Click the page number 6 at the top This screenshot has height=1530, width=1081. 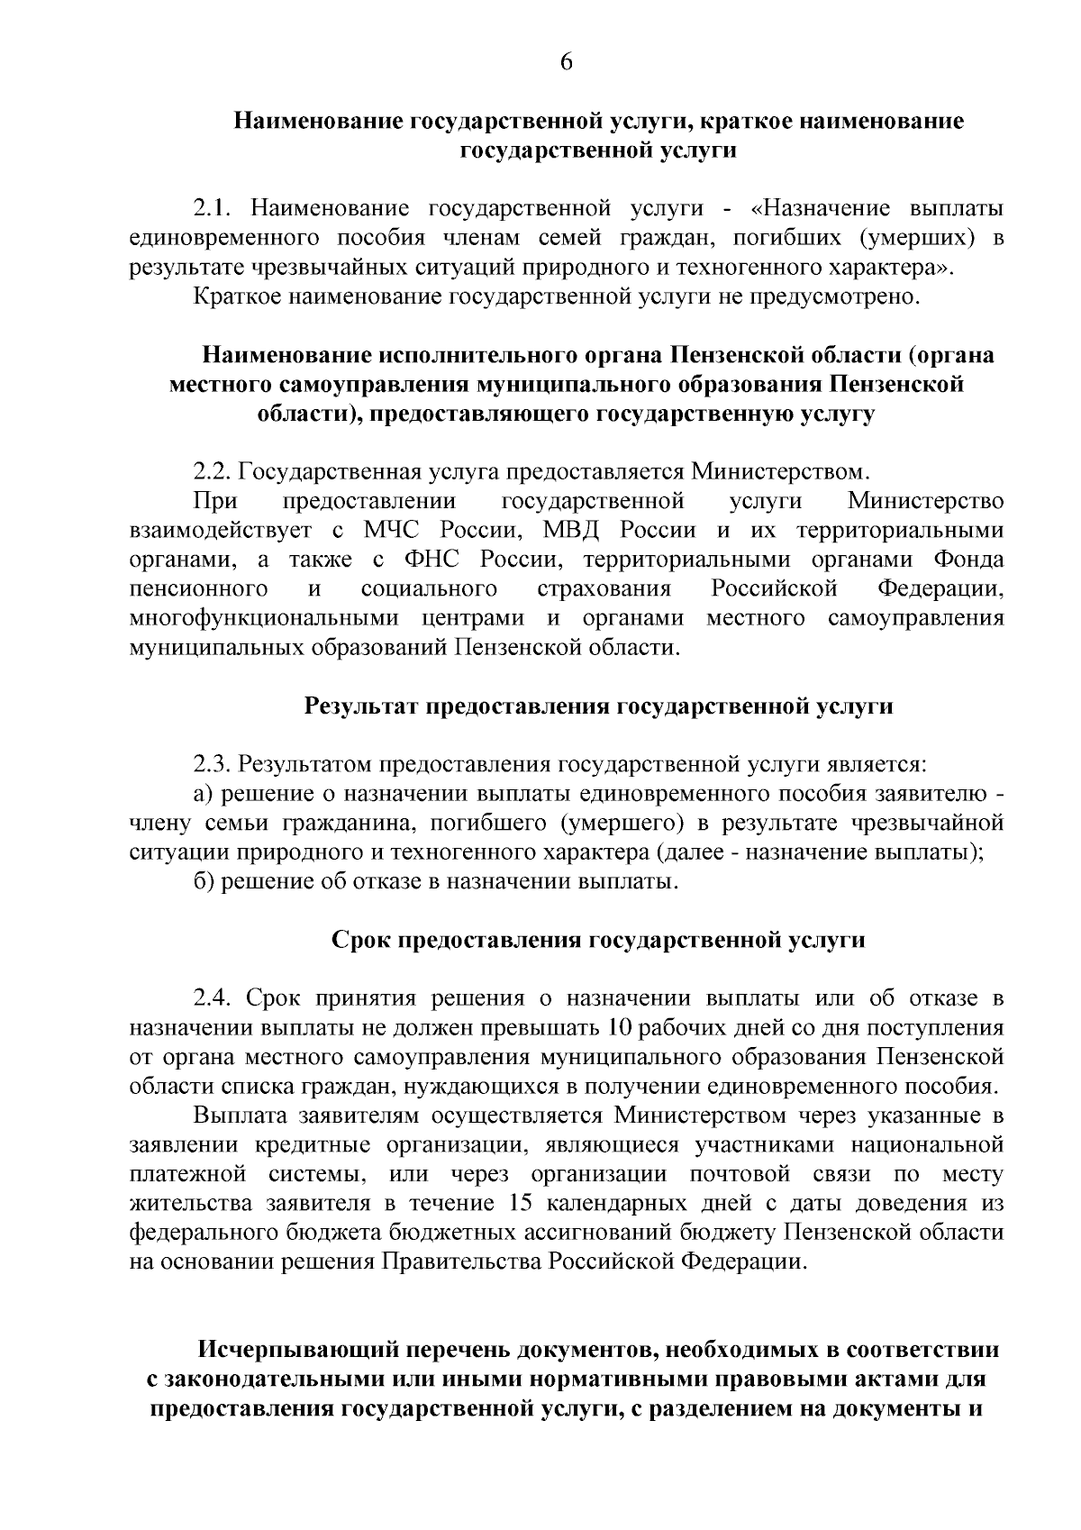pyautogui.click(x=567, y=61)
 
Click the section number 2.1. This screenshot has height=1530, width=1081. pyautogui.click(x=214, y=209)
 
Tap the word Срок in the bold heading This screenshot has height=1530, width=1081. pyautogui.click(x=358, y=941)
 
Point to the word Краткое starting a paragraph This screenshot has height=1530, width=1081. pyautogui.click(x=236, y=296)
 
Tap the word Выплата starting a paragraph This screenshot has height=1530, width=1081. pyautogui.click(x=239, y=1116)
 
